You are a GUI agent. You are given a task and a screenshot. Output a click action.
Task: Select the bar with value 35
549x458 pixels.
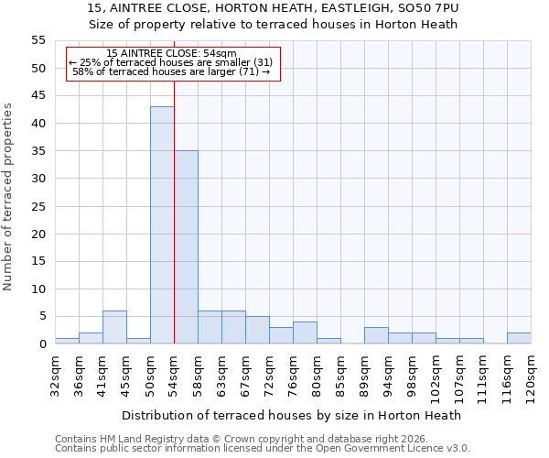coord(186,247)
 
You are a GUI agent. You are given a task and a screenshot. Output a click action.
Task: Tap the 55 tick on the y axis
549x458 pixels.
coord(38,40)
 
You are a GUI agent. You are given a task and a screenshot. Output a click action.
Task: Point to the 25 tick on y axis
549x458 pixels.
coord(38,206)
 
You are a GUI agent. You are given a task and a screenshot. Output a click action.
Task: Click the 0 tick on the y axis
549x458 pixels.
coord(42,344)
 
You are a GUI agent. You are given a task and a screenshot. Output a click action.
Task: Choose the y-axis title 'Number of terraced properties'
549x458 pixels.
coord(8,196)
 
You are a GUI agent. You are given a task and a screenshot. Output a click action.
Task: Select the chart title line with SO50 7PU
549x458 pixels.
coord(274,8)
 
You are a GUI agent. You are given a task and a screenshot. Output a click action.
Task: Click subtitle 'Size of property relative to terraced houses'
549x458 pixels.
coord(274,25)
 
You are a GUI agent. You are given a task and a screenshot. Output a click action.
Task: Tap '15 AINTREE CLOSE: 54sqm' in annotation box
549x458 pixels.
coord(171,54)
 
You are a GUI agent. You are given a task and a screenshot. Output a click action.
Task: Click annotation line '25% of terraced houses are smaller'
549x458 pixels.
coord(171,63)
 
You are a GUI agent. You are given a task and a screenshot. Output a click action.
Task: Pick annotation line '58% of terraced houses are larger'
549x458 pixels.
coord(171,72)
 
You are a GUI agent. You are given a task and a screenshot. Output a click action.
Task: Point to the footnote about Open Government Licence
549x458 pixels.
coord(263,448)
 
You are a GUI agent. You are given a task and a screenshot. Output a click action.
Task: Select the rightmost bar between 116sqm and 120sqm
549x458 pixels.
coord(519,338)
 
